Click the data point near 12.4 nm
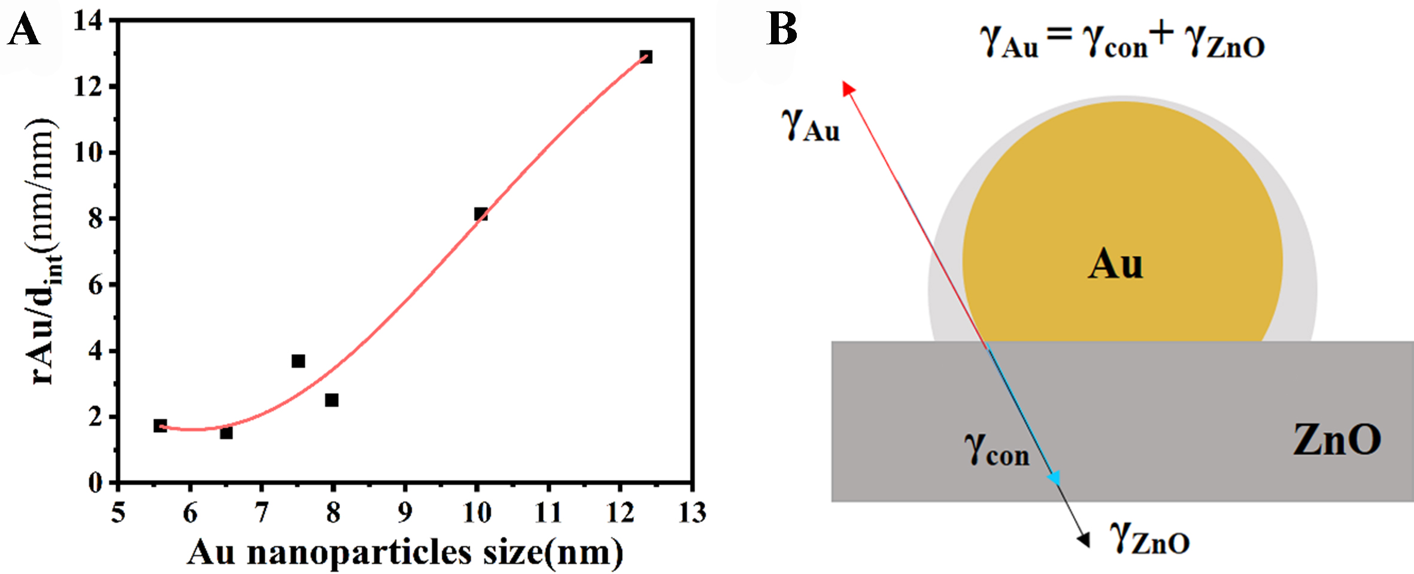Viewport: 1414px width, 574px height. (645, 57)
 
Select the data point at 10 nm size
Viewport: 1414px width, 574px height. (481, 214)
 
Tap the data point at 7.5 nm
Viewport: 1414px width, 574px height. (298, 361)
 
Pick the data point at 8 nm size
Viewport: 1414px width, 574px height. (332, 400)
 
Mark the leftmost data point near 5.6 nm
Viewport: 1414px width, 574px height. (160, 426)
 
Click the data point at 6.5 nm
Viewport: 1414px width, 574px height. (226, 432)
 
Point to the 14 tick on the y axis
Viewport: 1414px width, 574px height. (87, 22)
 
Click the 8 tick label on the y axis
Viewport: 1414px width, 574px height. (96, 219)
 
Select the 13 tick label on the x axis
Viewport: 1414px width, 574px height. (692, 513)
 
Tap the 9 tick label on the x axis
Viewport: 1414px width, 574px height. (405, 513)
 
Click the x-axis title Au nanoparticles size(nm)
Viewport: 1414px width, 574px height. (405, 552)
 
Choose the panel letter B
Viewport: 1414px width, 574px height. (782, 29)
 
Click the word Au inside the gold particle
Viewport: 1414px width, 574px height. (1115, 264)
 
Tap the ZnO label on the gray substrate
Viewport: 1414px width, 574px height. (1336, 440)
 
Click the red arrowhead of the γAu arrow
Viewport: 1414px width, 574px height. (848, 89)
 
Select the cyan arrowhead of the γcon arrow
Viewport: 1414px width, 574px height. (1054, 478)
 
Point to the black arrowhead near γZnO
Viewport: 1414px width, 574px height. (1084, 539)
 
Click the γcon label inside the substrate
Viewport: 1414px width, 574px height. (996, 451)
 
